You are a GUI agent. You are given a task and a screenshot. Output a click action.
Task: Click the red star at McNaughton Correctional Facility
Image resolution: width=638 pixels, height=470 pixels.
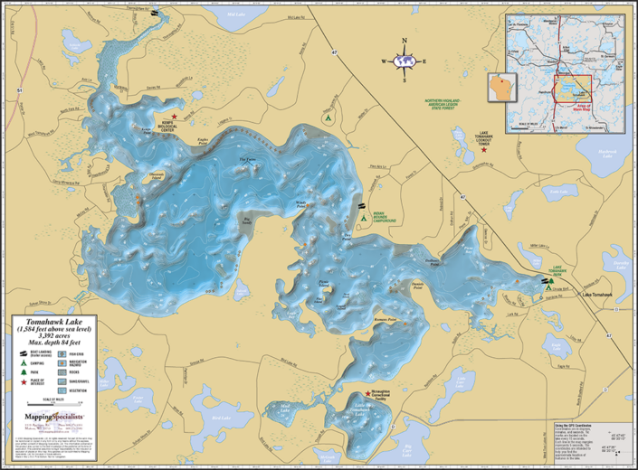tap(367, 394)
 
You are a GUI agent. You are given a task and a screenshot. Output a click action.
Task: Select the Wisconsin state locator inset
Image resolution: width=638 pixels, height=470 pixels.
tap(500, 88)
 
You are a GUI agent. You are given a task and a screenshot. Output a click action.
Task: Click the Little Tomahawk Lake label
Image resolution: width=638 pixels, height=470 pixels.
tap(363, 410)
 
